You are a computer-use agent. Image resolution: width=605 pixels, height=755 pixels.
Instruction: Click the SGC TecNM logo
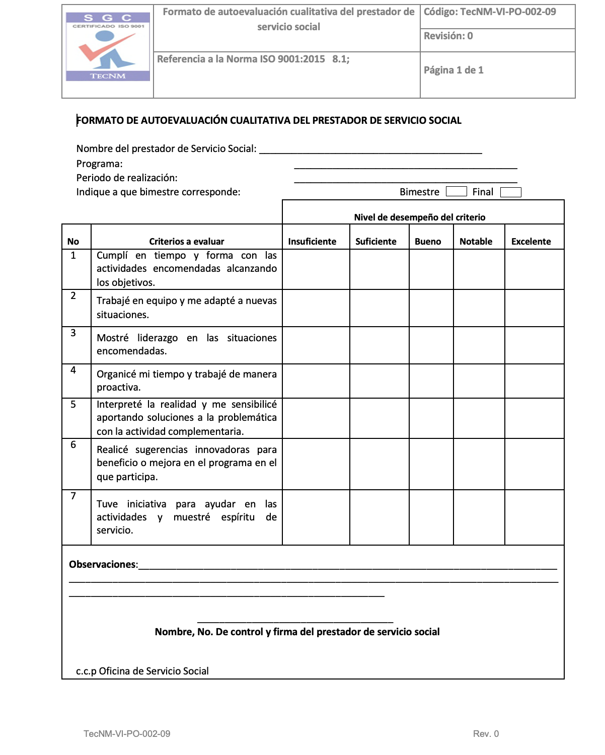point(108,47)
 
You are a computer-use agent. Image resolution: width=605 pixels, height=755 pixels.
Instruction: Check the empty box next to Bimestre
point(456,192)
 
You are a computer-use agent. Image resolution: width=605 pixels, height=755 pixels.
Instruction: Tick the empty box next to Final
point(511,192)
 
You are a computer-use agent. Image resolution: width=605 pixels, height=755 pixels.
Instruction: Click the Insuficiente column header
point(312,242)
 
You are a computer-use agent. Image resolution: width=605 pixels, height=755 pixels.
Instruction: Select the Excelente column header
point(531,242)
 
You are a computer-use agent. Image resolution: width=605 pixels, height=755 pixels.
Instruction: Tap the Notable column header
point(476,242)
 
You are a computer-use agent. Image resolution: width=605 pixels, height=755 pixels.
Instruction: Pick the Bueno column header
point(428,242)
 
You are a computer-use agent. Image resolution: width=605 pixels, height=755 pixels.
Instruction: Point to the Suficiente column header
point(376,242)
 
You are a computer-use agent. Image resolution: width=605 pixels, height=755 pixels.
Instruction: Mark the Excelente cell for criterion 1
point(534,269)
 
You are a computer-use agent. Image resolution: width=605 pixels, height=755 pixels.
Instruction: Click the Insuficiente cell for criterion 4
point(316,381)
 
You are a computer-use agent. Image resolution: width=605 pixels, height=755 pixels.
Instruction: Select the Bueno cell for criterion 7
point(431,517)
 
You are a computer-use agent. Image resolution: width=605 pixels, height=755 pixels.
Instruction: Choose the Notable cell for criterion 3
point(479,345)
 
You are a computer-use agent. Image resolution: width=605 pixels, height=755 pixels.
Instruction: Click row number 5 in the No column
point(73,405)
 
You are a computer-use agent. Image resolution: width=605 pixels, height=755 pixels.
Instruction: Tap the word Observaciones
point(103,565)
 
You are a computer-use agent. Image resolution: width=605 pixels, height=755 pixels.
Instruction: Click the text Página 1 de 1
point(453,70)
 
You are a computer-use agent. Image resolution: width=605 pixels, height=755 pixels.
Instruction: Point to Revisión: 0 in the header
point(448,36)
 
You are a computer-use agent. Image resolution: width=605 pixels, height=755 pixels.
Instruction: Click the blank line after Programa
point(405,167)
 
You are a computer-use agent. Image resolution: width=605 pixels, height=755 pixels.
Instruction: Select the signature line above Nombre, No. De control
point(295,621)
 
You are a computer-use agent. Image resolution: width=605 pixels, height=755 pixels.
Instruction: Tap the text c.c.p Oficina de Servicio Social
point(142,671)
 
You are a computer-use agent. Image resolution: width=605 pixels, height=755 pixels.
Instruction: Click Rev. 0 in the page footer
point(486,734)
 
